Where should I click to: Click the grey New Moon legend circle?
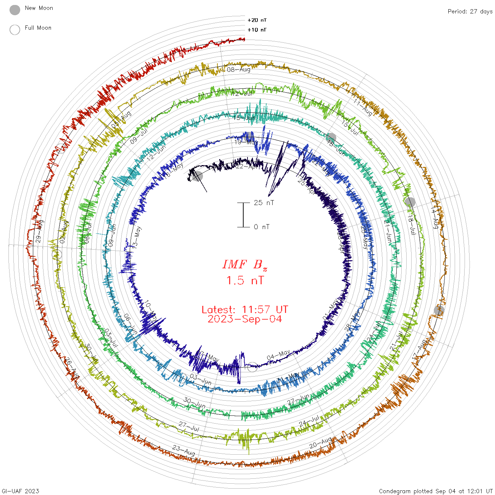pos(15,10)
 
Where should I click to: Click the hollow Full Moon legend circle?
pos(15,30)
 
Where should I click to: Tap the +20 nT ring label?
pos(257,20)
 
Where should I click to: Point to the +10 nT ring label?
pos(257,30)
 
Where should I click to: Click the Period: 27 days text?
pos(470,11)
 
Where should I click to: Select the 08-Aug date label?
pos(239,70)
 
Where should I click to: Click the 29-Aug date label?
pos(40,231)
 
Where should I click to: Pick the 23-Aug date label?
pos(184,450)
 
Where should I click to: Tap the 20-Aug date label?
pos(321,443)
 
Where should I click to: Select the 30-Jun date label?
pos(194,403)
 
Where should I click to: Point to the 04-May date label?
pos(278,355)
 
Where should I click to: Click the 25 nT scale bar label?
pos(264,203)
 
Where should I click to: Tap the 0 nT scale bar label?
pos(262,227)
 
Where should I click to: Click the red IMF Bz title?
pos(245,264)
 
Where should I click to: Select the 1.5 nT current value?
pos(245,280)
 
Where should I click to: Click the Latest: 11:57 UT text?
pos(245,310)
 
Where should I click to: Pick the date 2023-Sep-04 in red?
pos(245,319)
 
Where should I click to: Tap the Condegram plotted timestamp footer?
pos(436,491)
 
